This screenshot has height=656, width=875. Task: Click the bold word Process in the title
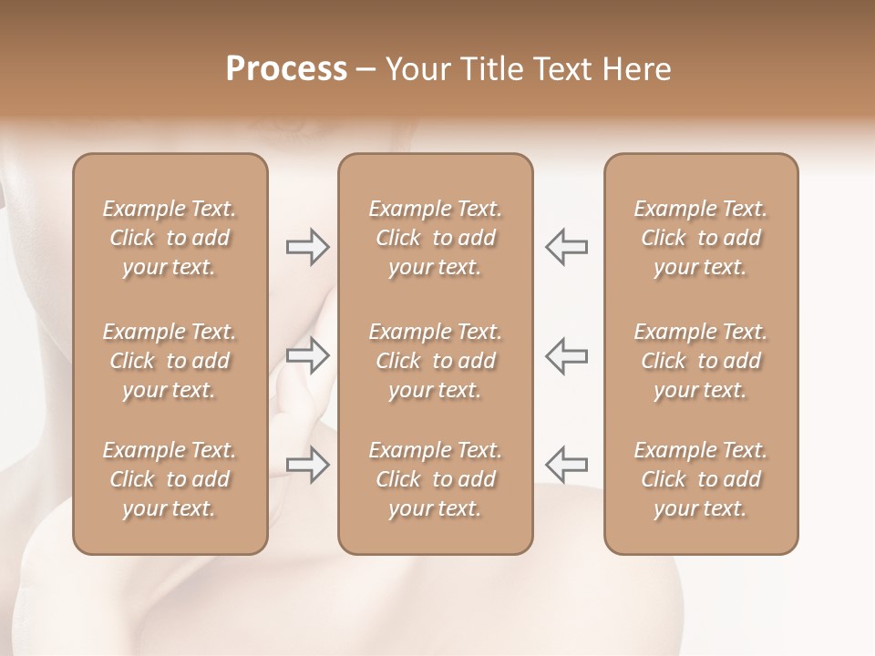(x=286, y=69)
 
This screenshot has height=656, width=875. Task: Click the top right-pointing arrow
(x=307, y=247)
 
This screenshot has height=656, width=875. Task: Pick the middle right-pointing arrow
(x=307, y=355)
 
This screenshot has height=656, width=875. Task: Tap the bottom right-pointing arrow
(x=307, y=465)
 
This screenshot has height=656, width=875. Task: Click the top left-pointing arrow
(x=567, y=247)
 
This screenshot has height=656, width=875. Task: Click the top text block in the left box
(x=170, y=238)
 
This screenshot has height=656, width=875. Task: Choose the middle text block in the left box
(x=170, y=361)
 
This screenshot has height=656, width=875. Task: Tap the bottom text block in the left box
(x=170, y=479)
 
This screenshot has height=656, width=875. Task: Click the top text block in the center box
(x=436, y=238)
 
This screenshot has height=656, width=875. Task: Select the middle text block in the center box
(x=436, y=361)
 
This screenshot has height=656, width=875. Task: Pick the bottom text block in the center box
(x=436, y=479)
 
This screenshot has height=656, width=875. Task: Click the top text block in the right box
(x=701, y=238)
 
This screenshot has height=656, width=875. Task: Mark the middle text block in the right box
(x=701, y=361)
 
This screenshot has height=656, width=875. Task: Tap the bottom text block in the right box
(x=701, y=479)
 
